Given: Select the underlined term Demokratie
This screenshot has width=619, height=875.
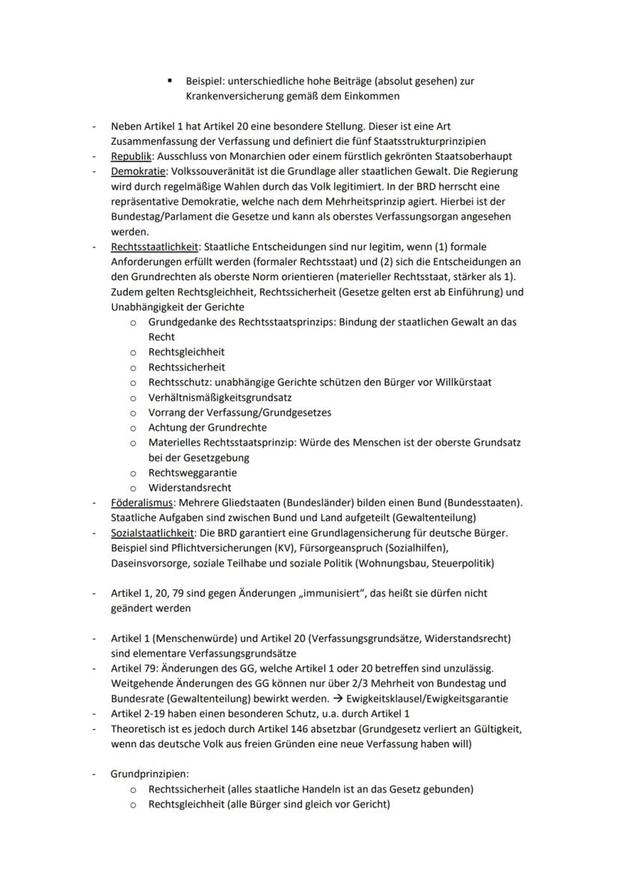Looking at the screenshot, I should (138, 172).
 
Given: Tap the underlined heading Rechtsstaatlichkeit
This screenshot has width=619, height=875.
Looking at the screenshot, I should (155, 246).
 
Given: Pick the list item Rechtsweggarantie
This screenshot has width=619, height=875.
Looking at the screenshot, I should (193, 472).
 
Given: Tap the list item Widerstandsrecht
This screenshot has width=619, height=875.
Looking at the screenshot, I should (190, 487).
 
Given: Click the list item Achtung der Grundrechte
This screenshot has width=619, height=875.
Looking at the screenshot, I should (207, 427).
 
